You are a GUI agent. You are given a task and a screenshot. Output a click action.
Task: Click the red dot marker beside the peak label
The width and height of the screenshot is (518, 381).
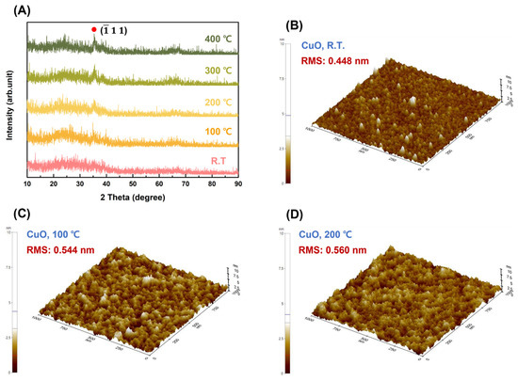tap(93, 29)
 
